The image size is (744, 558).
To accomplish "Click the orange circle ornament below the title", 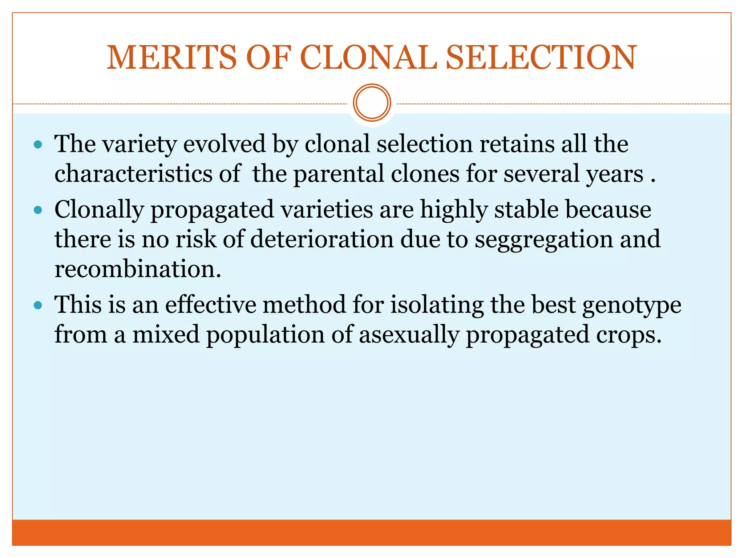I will point(372,102).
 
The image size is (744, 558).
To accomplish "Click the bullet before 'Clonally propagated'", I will point(38,210).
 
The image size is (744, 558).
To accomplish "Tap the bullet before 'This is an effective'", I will point(38,305).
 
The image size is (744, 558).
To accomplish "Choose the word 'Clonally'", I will point(99,210).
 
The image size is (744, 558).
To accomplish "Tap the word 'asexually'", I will point(409,335).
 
